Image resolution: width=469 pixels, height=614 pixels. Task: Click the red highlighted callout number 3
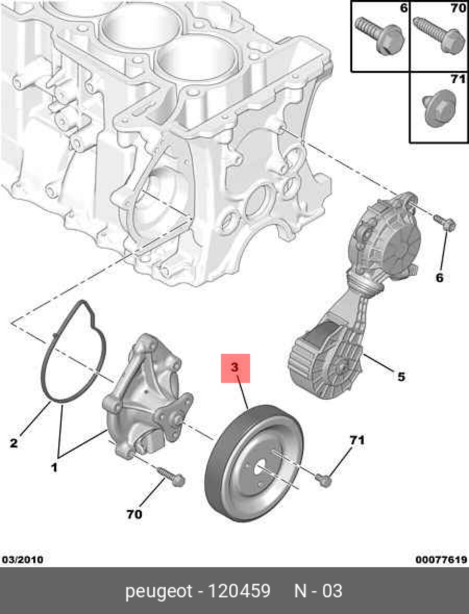click(x=235, y=368)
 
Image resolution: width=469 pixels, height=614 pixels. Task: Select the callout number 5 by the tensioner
click(x=400, y=376)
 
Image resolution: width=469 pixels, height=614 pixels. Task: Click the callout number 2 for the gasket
click(x=14, y=443)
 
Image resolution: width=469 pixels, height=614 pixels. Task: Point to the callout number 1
click(x=54, y=468)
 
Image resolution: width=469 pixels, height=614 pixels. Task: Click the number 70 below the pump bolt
click(x=134, y=514)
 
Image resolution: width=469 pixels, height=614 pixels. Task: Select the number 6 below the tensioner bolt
click(x=439, y=278)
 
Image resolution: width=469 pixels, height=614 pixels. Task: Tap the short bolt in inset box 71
click(x=437, y=110)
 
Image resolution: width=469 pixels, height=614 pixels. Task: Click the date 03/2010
click(x=22, y=560)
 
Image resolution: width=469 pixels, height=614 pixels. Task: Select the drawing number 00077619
click(x=440, y=560)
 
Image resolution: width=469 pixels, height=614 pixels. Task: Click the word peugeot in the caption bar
click(x=158, y=591)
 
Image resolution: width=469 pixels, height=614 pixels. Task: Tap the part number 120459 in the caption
click(x=239, y=591)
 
